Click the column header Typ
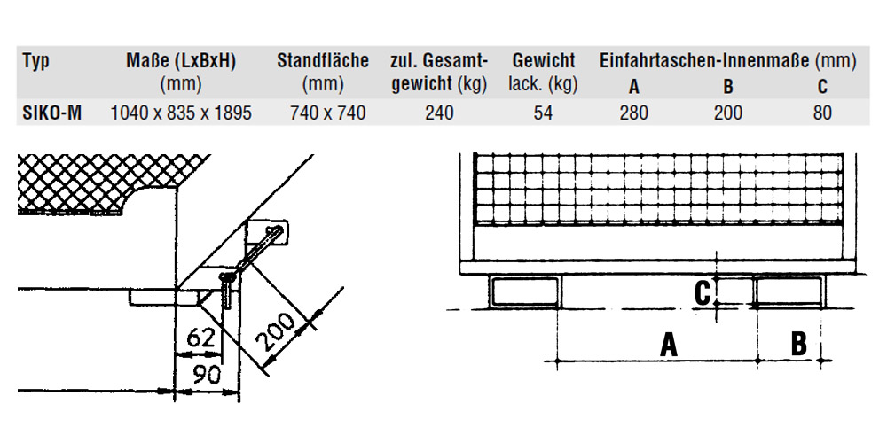pyautogui.click(x=36, y=61)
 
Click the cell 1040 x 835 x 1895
pyautogui.click(x=181, y=113)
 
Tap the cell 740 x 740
pyautogui.click(x=323, y=113)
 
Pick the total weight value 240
pyautogui.click(x=438, y=113)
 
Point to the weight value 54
pyautogui.click(x=543, y=113)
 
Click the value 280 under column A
pyautogui.click(x=633, y=113)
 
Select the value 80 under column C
pyautogui.click(x=822, y=113)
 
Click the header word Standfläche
pyautogui.click(x=323, y=61)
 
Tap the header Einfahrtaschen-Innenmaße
pyautogui.click(x=704, y=61)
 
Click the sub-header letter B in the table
pyautogui.click(x=727, y=87)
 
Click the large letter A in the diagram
pyautogui.click(x=668, y=344)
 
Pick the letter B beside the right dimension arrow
pyautogui.click(x=798, y=343)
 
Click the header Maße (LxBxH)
pyautogui.click(x=181, y=61)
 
